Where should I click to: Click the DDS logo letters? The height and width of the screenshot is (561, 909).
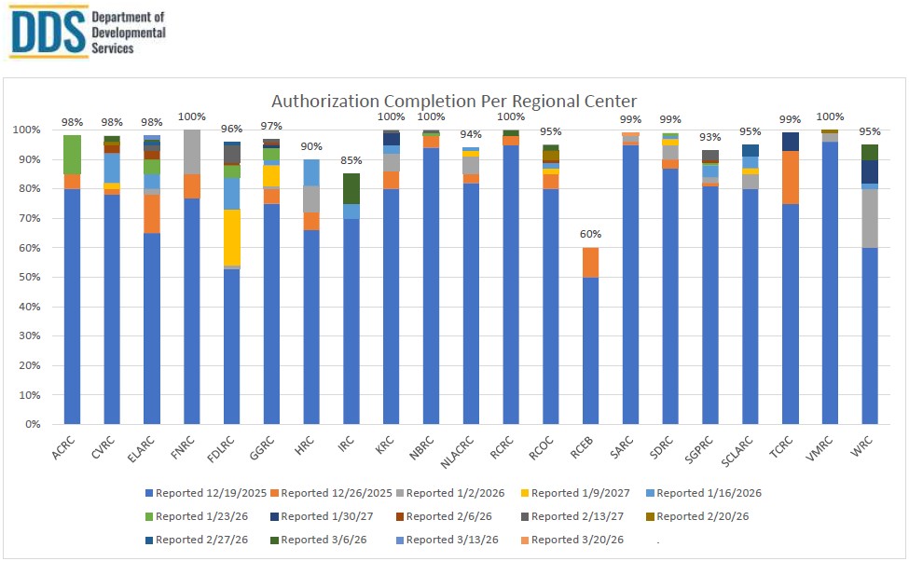click(47, 31)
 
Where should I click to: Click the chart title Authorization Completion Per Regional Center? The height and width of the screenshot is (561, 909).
click(454, 101)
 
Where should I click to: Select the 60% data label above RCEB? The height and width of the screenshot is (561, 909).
click(591, 234)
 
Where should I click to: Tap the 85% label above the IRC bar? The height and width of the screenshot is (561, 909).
click(351, 160)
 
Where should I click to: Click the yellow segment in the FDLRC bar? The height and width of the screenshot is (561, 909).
click(230, 238)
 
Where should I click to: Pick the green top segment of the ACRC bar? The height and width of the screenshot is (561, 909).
click(72, 155)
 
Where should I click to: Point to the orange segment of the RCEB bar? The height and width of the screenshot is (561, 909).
click(591, 262)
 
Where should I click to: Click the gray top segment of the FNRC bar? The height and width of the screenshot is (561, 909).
click(191, 152)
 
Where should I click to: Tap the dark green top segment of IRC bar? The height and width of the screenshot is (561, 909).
click(351, 188)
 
